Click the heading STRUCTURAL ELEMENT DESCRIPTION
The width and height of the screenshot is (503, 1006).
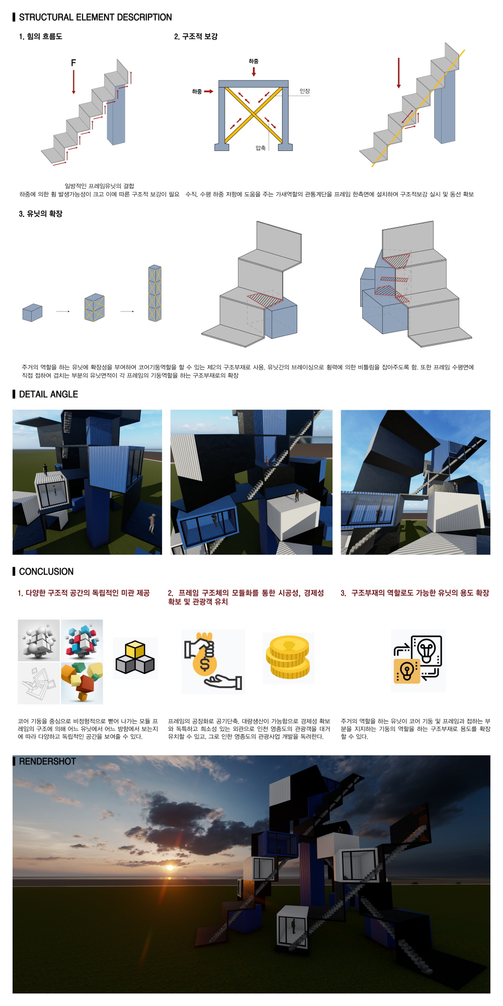pos(95,17)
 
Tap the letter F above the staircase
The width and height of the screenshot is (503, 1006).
pos(73,63)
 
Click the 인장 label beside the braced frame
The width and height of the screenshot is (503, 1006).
pos(305,91)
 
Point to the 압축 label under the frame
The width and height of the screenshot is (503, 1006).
pos(261,148)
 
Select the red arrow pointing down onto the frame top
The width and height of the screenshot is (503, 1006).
pos(254,71)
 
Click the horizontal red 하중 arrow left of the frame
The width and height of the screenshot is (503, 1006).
pos(208,92)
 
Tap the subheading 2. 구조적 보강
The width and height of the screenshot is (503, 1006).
pos(196,36)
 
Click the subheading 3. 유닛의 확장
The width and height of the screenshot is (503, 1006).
pos(41,213)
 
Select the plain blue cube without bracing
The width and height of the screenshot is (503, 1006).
pos(32,313)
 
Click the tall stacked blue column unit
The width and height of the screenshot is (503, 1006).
pos(155,293)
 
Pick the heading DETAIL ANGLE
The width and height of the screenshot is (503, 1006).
pos(48,394)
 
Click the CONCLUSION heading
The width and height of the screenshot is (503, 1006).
pos(46,571)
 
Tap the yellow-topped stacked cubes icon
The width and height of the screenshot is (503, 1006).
pos(135,657)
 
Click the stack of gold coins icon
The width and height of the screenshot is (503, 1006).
pos(288,657)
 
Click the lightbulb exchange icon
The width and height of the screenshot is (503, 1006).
pos(418,660)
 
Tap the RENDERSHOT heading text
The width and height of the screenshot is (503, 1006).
pos(47,761)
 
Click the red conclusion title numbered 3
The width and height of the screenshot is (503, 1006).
pos(415,593)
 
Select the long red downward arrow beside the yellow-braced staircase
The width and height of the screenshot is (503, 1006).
pos(399,73)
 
